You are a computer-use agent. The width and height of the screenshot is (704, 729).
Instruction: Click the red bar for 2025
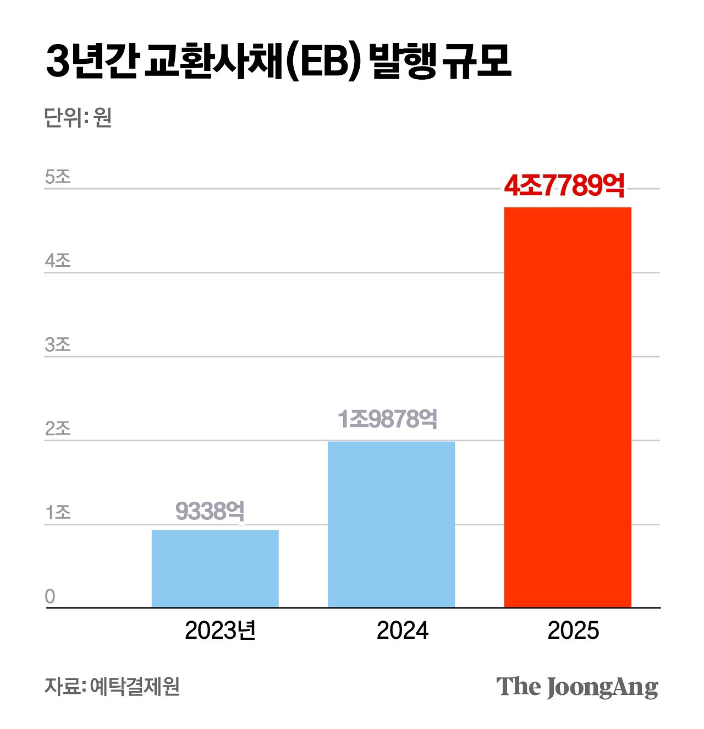pyautogui.click(x=567, y=407)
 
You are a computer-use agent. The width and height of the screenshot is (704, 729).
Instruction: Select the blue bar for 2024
pyautogui.click(x=391, y=524)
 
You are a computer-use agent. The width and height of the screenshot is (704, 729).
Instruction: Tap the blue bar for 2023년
pyautogui.click(x=215, y=568)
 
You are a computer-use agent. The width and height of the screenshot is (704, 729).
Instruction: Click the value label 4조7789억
pyautogui.click(x=564, y=186)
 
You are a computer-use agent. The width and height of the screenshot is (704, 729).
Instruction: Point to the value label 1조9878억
pyautogui.click(x=388, y=420)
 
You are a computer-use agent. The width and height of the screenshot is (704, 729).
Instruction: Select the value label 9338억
pyautogui.click(x=210, y=511)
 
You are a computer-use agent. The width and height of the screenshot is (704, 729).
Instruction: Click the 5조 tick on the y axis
pyautogui.click(x=58, y=177)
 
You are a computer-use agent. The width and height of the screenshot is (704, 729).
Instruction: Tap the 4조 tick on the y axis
pyautogui.click(x=58, y=261)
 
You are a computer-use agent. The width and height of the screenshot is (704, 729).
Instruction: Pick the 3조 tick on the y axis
pyautogui.click(x=58, y=345)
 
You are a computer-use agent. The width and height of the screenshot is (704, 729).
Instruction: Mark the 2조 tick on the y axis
pyautogui.click(x=58, y=429)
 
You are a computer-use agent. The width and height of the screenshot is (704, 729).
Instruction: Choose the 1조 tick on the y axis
pyautogui.click(x=58, y=513)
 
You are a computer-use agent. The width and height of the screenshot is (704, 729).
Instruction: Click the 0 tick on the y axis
pyautogui.click(x=50, y=596)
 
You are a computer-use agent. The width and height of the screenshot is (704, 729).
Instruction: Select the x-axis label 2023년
pyautogui.click(x=220, y=631)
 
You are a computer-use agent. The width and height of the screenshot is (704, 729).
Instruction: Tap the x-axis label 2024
pyautogui.click(x=402, y=631)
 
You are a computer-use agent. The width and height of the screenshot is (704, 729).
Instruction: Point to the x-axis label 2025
pyautogui.click(x=573, y=631)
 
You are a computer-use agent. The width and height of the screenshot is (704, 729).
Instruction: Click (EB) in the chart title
pyautogui.click(x=324, y=62)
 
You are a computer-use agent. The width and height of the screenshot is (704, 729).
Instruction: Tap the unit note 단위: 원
pyautogui.click(x=78, y=117)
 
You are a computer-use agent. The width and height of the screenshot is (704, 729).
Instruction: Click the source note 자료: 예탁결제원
pyautogui.click(x=112, y=687)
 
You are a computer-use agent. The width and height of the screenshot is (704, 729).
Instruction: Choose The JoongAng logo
pyautogui.click(x=577, y=687)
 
